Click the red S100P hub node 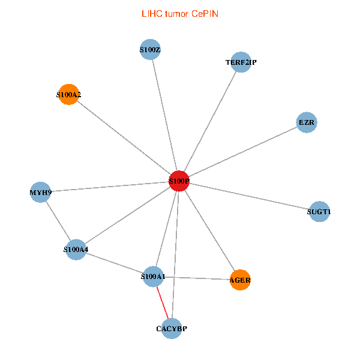[179, 181]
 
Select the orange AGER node [240, 280]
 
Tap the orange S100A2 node [69, 94]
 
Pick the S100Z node [150, 49]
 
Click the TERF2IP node [241, 62]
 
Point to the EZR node [307, 123]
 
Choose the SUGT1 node [319, 212]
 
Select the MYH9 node [40, 193]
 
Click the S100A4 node [76, 249]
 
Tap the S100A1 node [153, 277]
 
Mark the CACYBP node [172, 328]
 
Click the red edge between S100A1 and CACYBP [163, 303]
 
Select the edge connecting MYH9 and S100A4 [58, 221]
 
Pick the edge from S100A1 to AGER [197, 278]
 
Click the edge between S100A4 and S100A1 [114, 263]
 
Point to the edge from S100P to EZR [243, 152]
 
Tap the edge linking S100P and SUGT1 [249, 196]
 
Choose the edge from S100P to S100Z [164, 115]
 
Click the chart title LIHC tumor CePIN [179, 13]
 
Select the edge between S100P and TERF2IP [210, 121]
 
